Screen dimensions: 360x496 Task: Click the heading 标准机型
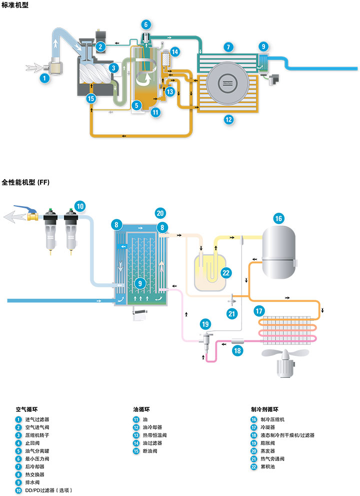tap(15, 5)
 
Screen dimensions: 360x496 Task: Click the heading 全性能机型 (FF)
tap(25, 182)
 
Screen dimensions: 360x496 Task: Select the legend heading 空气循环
tap(26, 409)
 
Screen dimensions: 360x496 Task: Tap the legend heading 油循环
tap(141, 409)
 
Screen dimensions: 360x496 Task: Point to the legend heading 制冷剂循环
tap(264, 409)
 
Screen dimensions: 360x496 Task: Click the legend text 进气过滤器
tap(37, 419)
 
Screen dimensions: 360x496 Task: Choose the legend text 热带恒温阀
tap(154, 435)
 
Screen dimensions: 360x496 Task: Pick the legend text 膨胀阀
tap(267, 443)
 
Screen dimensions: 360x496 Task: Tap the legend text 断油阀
tap(150, 451)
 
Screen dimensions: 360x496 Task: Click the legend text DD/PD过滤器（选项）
tap(48, 490)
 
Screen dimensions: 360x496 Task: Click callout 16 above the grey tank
tap(278, 219)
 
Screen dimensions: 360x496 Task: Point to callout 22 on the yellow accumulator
tap(225, 273)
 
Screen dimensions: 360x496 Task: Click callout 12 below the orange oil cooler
tap(228, 120)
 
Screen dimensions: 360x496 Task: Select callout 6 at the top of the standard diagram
tap(145, 25)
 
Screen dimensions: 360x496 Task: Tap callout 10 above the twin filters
tap(80, 207)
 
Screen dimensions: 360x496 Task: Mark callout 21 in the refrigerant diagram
tap(232, 314)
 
